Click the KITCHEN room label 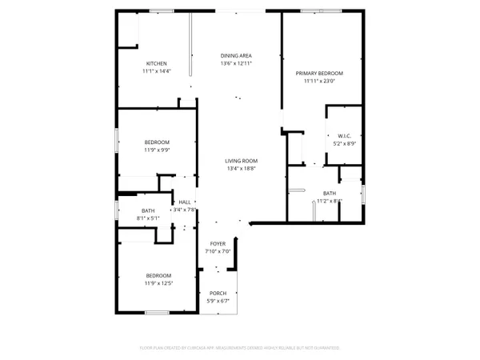156,64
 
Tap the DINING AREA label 237,56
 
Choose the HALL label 185,202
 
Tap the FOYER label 218,243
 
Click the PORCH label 218,293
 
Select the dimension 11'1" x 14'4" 156,72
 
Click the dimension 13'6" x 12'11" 237,64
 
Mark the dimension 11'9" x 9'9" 157,150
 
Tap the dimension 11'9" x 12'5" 157,284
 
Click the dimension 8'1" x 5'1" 148,218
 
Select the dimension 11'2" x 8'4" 330,202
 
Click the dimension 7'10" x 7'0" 218,251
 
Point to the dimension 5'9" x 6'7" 218,301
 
